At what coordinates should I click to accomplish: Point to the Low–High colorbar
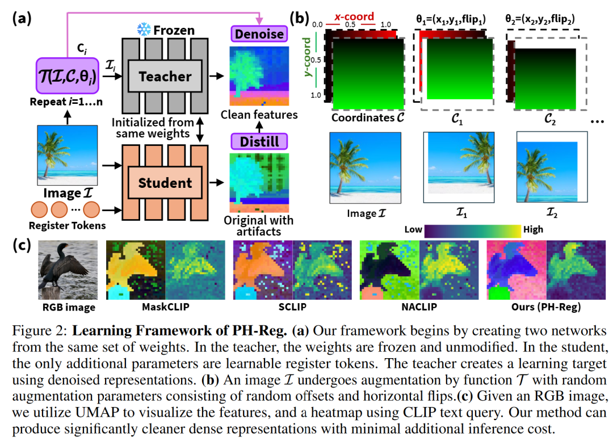point(472,230)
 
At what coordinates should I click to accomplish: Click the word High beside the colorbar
point(533,229)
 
